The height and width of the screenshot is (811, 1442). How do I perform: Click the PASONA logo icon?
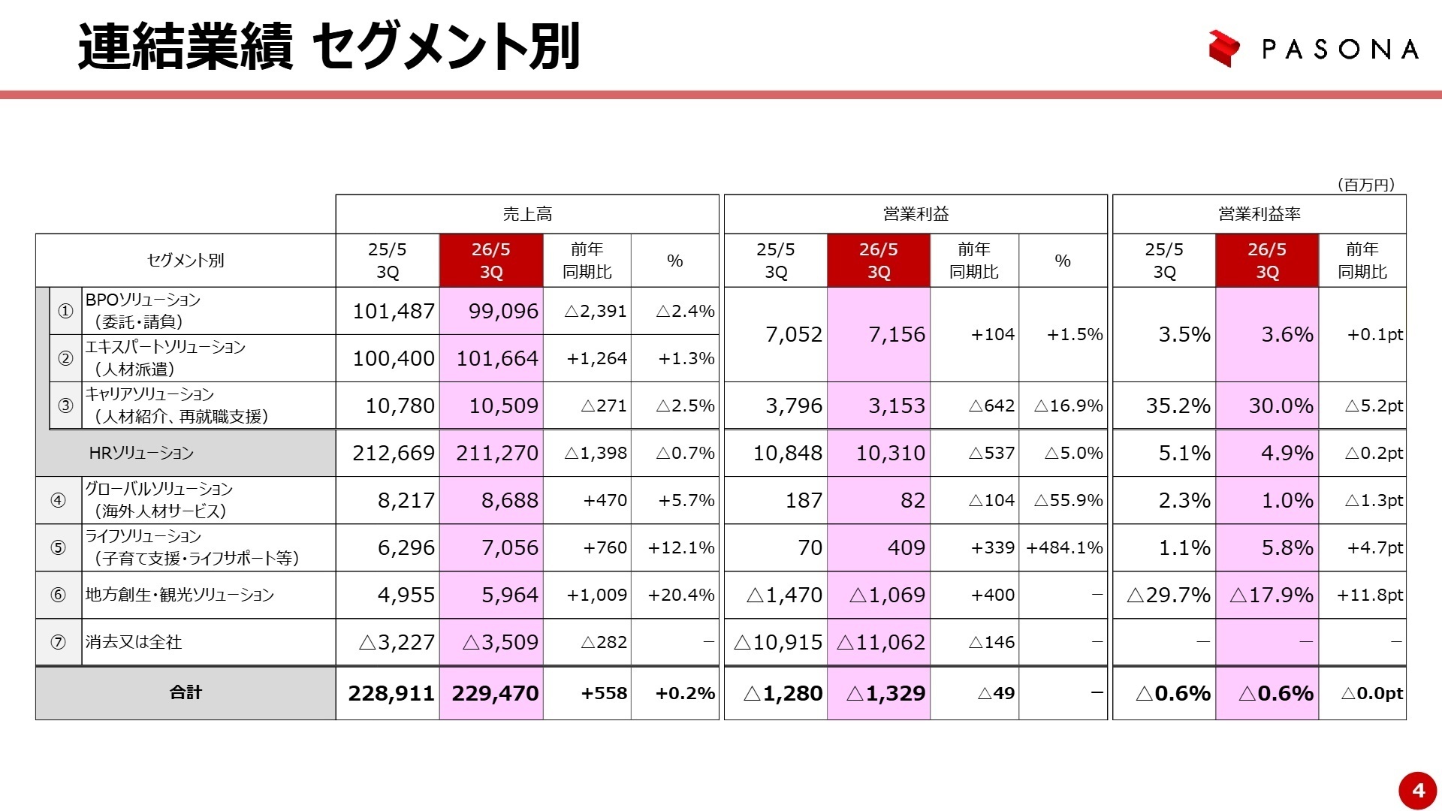(1223, 49)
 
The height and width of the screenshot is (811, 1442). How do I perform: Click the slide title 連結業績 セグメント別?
(329, 47)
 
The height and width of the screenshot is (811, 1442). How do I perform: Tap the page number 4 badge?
(1417, 790)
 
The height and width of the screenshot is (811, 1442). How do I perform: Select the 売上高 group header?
(527, 214)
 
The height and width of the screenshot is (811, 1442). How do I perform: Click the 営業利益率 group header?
(1259, 214)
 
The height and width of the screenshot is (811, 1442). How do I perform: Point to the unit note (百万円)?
(1365, 185)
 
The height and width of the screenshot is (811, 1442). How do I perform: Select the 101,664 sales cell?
(496, 358)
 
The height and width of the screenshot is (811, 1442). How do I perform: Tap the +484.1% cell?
(1064, 547)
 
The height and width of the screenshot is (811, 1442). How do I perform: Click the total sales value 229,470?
(495, 693)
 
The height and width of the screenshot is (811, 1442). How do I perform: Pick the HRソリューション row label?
(141, 453)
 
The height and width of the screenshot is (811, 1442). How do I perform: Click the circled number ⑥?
(58, 595)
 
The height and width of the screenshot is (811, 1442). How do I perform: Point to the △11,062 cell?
(880, 642)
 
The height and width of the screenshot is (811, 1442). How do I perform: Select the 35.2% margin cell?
(1178, 405)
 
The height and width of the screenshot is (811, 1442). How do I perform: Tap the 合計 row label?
(186, 692)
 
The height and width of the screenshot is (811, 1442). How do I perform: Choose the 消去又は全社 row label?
(134, 642)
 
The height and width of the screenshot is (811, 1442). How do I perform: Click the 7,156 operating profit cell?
(896, 334)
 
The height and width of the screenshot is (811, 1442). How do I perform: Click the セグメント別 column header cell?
(186, 261)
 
